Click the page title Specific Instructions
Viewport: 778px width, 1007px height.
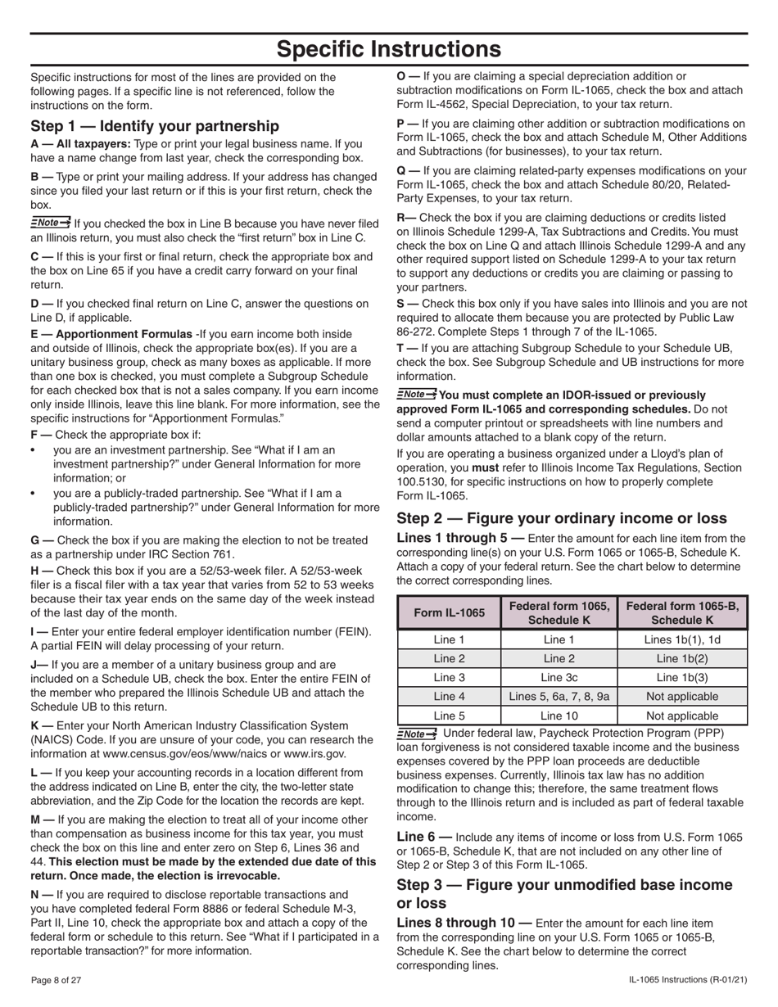coord(389,50)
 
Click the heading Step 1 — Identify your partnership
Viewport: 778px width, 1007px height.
coord(154,126)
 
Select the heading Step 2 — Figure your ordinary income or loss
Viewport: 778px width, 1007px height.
coord(561,518)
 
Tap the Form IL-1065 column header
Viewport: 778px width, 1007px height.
coord(448,612)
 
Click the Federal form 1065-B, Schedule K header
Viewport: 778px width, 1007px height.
coord(681,612)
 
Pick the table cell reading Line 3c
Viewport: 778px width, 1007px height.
coord(559,677)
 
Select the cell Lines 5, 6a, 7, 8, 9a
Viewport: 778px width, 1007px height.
coord(559,696)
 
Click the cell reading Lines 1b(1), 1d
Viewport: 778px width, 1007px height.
coord(681,639)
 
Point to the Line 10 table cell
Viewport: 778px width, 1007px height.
coord(559,715)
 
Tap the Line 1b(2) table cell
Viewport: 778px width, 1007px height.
coord(681,658)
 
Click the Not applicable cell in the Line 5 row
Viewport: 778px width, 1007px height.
coord(681,715)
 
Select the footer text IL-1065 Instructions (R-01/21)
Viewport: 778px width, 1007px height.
coord(688,980)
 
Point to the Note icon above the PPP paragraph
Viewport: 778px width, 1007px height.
coord(417,734)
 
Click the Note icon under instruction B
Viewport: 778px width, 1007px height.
coord(50,223)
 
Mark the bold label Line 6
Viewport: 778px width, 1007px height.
coord(423,837)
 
